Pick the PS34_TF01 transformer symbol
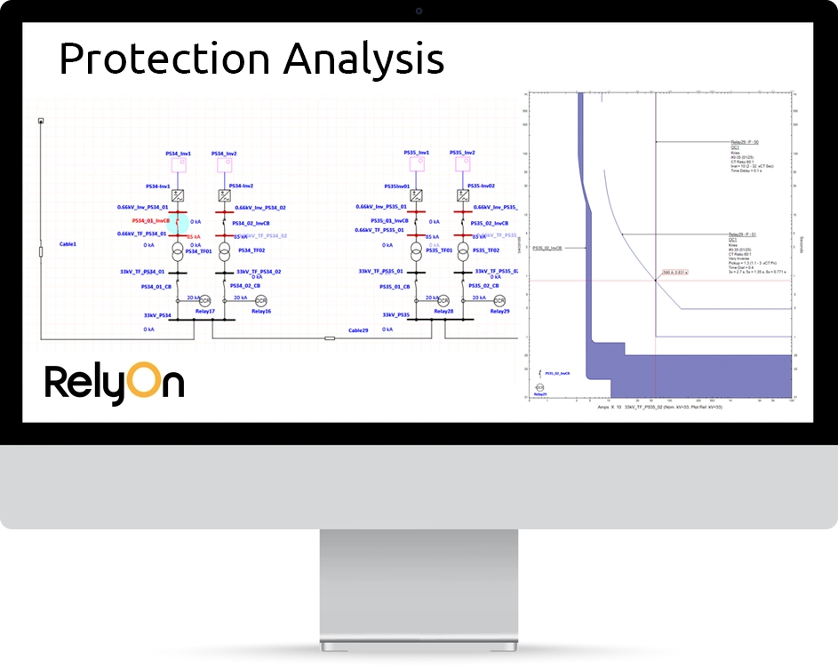coord(179,252)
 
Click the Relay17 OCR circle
coord(204,300)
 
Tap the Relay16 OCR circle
coord(261,300)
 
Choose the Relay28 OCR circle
coord(443,300)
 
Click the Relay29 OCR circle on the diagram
coord(499,300)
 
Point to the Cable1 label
coord(68,243)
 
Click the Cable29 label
coord(358,329)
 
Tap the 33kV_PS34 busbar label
coord(158,314)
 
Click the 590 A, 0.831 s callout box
coord(675,273)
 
